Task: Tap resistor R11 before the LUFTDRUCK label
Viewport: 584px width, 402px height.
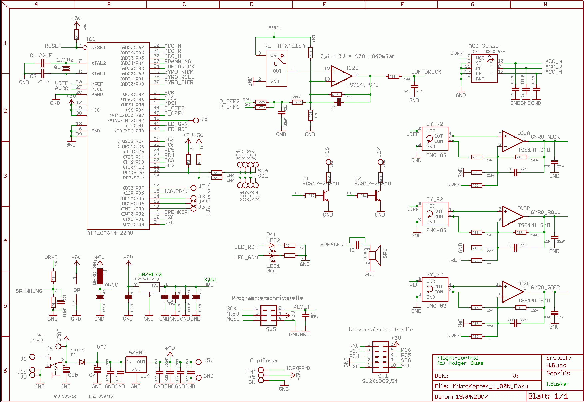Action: tap(392, 76)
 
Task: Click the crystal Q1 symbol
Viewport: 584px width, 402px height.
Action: tap(66, 68)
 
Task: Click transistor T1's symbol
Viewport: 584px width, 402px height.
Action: tap(325, 196)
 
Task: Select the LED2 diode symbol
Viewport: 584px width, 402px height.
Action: tap(271, 245)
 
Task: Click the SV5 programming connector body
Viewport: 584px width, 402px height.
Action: tap(268, 315)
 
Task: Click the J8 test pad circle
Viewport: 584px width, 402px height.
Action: tap(196, 120)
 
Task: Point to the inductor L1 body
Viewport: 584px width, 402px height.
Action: tap(100, 276)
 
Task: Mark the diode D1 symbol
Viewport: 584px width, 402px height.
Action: tap(82, 362)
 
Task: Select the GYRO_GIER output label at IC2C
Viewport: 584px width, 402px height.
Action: tap(545, 288)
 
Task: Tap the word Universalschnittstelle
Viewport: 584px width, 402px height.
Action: tap(381, 329)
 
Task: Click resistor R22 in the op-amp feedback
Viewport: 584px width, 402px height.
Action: tap(336, 95)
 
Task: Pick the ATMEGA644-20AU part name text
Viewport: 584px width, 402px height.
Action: tap(110, 233)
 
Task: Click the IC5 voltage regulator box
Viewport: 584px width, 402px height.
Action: tap(149, 287)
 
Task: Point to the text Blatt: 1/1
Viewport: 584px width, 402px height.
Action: tap(548, 396)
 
